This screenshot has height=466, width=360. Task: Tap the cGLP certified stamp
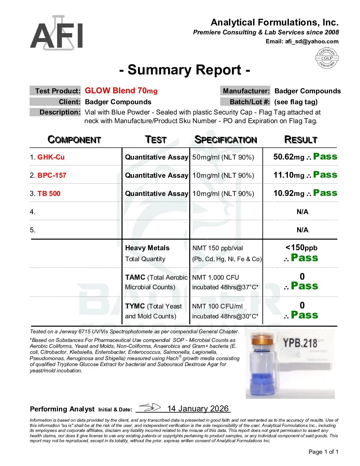click(x=327, y=58)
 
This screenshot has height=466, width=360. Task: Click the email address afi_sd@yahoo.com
click(x=312, y=41)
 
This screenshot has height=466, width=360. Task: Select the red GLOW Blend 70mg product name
click(x=121, y=91)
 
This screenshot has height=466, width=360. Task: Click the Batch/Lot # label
click(x=245, y=102)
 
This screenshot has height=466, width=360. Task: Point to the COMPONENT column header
click(x=74, y=140)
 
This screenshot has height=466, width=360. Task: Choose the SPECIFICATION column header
click(x=226, y=140)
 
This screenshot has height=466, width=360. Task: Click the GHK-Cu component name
click(x=51, y=157)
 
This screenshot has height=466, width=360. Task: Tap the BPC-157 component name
click(x=52, y=175)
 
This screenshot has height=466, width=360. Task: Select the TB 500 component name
click(x=49, y=194)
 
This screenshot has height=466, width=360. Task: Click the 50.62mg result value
click(x=289, y=157)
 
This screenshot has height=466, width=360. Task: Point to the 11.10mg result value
click(x=289, y=175)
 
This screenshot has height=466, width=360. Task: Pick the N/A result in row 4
click(x=302, y=212)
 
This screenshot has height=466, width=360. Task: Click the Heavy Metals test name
click(x=147, y=248)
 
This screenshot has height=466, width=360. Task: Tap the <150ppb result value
click(x=301, y=248)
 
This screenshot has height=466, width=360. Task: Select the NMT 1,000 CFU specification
click(x=215, y=277)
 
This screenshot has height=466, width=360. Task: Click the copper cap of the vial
click(x=263, y=341)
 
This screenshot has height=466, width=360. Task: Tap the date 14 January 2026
click(x=198, y=409)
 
